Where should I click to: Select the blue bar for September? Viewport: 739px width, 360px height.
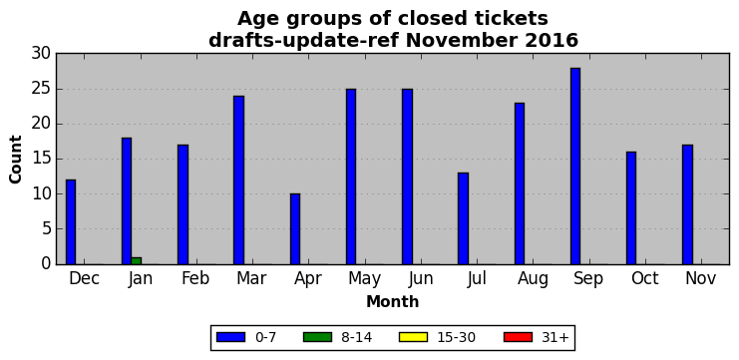coord(575,166)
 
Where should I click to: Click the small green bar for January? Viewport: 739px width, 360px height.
coord(137,260)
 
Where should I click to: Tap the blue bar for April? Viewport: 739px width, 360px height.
coord(295,229)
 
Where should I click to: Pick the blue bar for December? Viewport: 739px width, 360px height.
coord(71,222)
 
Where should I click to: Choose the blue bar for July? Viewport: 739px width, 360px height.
coord(464,218)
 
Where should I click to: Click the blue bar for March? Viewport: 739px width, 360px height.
coord(239,180)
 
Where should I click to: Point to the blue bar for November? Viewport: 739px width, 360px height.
coord(687,204)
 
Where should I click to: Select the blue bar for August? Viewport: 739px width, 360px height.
coord(520,183)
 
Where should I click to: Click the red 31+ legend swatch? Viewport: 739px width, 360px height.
coord(518,337)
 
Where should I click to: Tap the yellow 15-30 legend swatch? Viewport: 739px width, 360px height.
coord(413,337)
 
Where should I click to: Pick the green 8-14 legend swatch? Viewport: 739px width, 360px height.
coord(317,337)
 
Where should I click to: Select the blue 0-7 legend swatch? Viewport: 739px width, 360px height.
coord(231,337)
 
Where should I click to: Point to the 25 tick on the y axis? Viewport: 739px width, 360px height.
coord(41,89)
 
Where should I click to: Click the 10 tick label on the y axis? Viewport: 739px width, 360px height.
coord(41,194)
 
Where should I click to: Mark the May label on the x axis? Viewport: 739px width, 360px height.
coord(364,279)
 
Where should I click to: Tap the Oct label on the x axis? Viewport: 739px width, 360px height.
coord(644,278)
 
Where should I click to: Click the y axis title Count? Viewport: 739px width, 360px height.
coord(16,160)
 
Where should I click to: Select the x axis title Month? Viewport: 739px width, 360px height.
coord(393,301)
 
